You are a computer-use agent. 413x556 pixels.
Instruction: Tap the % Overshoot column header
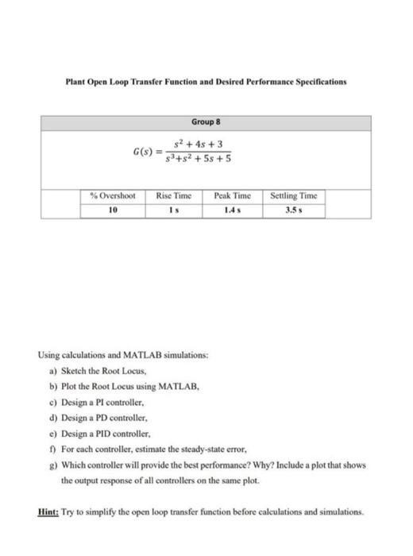pos(112,195)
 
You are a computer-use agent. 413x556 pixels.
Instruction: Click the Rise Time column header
pos(176,195)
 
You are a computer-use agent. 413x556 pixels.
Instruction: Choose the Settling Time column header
pos(294,195)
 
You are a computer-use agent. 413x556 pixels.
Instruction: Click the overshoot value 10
pos(112,210)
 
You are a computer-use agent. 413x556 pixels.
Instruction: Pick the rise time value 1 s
pos(176,210)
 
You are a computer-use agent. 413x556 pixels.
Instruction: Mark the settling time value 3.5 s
pos(294,210)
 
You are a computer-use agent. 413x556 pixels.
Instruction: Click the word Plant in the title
pos(78,82)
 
